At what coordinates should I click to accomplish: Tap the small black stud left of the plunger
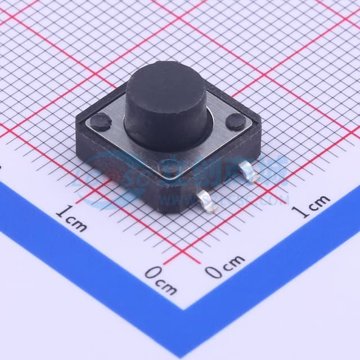(101, 120)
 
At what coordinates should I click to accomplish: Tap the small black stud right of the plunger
(235, 122)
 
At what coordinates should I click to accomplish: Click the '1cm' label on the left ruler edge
(71, 218)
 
